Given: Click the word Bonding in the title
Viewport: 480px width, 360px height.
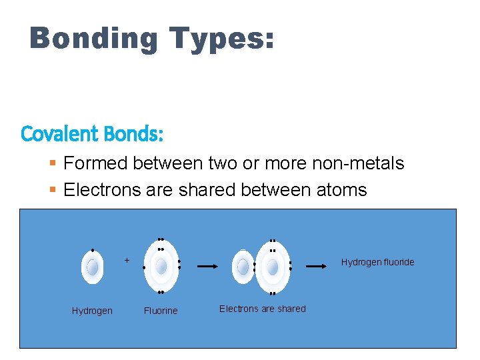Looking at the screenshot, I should (x=93, y=39).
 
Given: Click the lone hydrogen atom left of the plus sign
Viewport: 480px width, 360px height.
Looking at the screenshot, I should (x=92, y=267).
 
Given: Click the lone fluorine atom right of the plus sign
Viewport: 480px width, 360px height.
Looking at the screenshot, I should (x=161, y=267).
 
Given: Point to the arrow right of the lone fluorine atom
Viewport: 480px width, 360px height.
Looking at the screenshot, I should (x=207, y=266).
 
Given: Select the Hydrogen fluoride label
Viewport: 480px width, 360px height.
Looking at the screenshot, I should (x=377, y=262).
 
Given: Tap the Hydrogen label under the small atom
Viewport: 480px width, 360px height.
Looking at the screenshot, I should (x=92, y=311).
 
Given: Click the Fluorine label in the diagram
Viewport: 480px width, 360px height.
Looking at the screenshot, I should (x=161, y=311).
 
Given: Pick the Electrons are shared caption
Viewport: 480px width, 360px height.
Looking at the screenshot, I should (x=263, y=309).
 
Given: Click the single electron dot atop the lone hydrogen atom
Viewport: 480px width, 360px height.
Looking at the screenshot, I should (x=92, y=250).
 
